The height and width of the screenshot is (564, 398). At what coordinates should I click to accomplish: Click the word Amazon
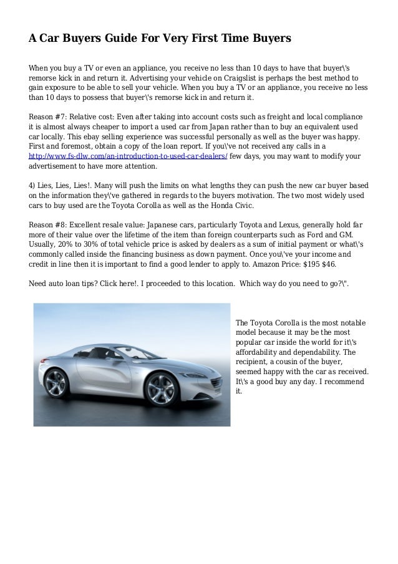tap(266, 264)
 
